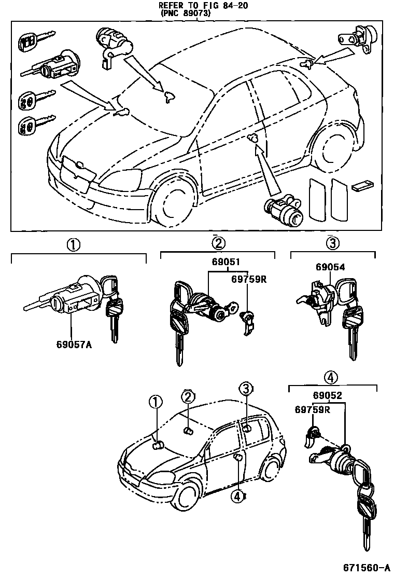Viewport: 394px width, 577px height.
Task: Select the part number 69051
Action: tap(224, 263)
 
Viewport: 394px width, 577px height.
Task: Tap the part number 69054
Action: tap(330, 267)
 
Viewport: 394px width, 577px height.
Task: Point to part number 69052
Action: tap(327, 396)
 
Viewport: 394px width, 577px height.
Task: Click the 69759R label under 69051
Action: tap(248, 279)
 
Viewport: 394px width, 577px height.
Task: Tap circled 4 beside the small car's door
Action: tap(237, 497)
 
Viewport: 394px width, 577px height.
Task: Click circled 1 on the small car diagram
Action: tap(154, 401)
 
